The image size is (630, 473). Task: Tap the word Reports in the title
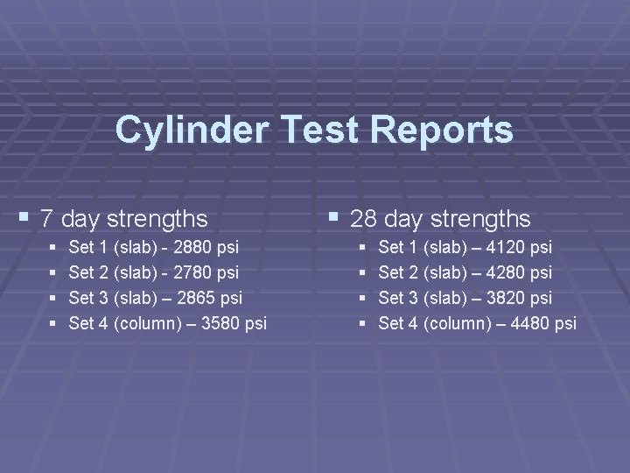[442, 131]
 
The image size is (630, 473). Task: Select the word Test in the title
[319, 131]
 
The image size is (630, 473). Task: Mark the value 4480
[528, 324]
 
